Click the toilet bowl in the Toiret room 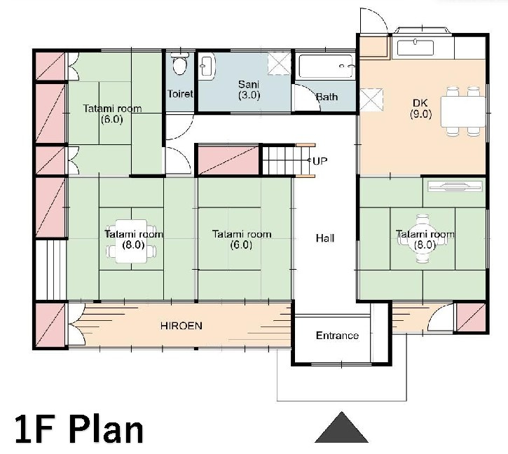pos(179,64)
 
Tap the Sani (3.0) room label pos(249,90)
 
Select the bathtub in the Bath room pos(326,67)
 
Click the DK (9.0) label pos(420,109)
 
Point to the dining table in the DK pos(463,111)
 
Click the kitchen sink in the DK pos(416,48)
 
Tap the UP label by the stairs pos(320,160)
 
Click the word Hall pos(325,238)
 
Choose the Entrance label pos(337,336)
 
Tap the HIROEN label pos(181,326)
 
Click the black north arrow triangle pos(341,427)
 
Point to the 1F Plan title pos(79,428)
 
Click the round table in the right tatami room pos(423,239)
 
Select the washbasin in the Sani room pos(207,67)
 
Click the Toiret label pos(180,94)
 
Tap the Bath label pos(327,97)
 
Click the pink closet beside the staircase pos(228,160)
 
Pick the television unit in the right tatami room pos(455,186)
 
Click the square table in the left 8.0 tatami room pos(131,241)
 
